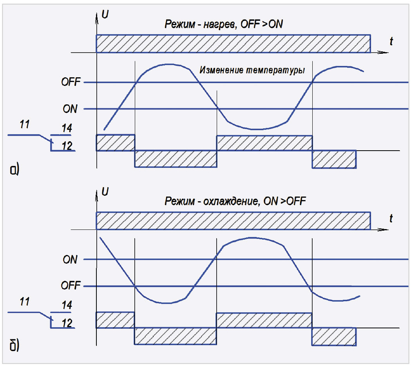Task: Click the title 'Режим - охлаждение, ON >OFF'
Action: click(x=235, y=202)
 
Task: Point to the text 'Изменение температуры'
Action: click(x=252, y=71)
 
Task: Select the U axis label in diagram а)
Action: click(x=105, y=15)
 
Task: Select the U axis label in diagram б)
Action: click(x=105, y=192)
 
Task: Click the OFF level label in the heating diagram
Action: click(x=71, y=82)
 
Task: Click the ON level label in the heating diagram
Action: click(x=70, y=109)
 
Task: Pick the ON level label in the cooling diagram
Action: click(x=70, y=260)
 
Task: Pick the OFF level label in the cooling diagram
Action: click(x=71, y=286)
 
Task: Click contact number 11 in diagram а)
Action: click(x=24, y=126)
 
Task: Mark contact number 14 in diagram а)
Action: click(x=67, y=128)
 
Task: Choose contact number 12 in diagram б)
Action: click(x=67, y=322)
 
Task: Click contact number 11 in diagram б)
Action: click(x=24, y=302)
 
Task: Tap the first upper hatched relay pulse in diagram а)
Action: click(x=116, y=143)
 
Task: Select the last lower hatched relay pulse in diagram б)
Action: click(x=334, y=336)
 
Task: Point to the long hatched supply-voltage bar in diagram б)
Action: click(x=233, y=220)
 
